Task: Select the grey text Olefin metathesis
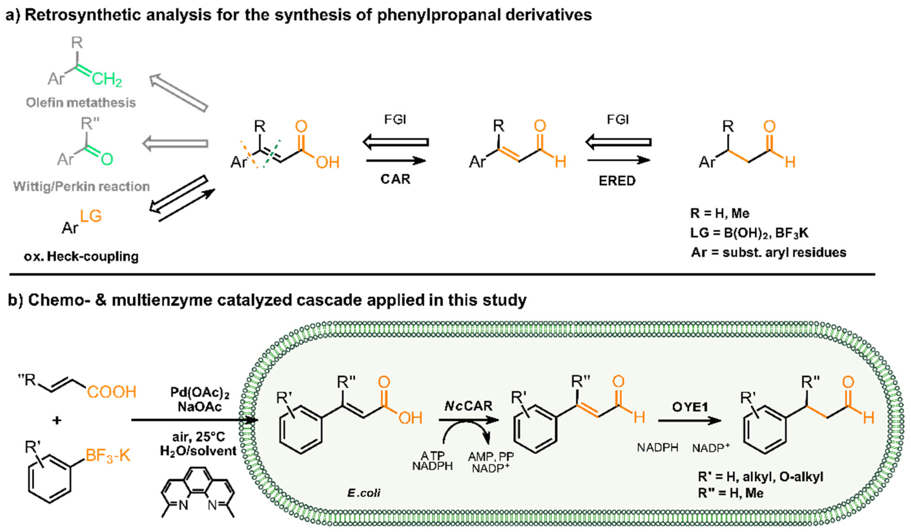(x=81, y=103)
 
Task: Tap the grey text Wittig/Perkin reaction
(x=81, y=187)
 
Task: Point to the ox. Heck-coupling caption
(x=81, y=256)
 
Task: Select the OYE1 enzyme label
(x=690, y=407)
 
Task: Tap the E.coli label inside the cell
(x=364, y=493)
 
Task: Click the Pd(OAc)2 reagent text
(x=200, y=394)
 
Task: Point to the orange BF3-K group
(x=108, y=456)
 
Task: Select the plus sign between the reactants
(x=57, y=421)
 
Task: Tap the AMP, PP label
(x=491, y=456)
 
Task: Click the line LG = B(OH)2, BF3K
(x=749, y=233)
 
